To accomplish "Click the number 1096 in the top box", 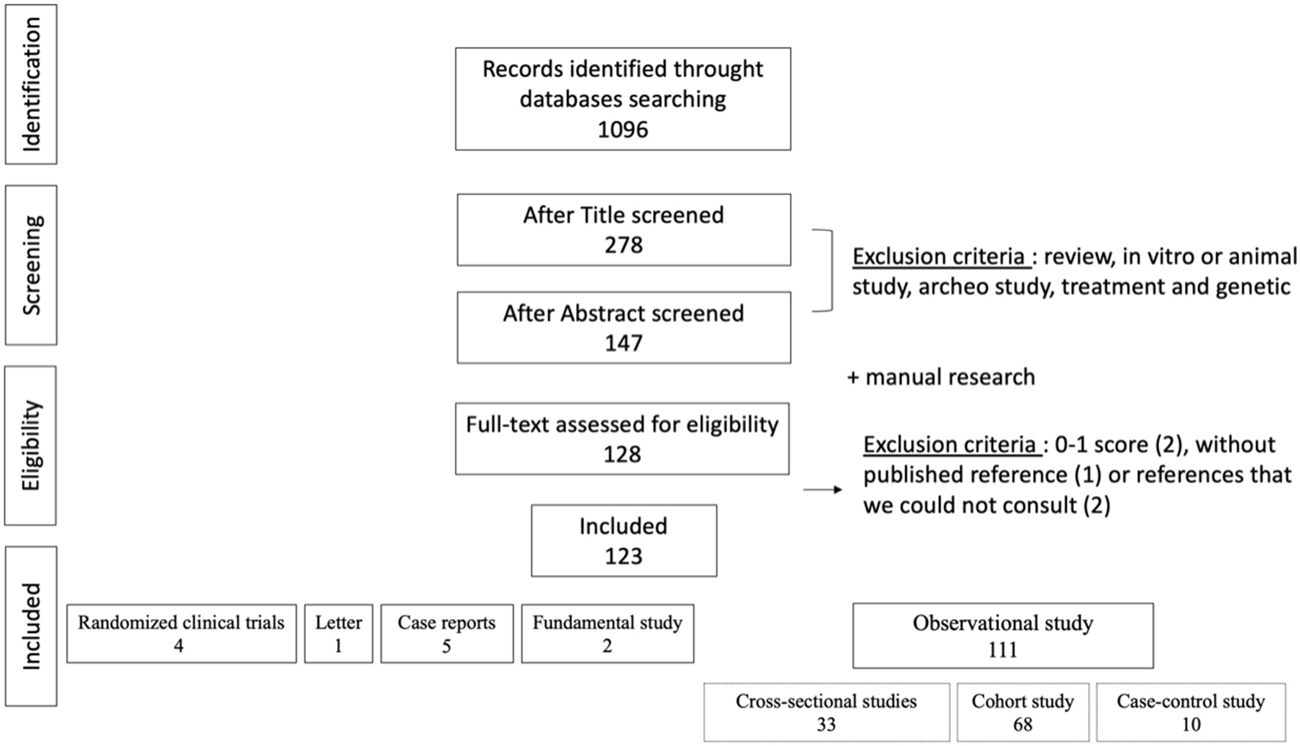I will coord(623,130).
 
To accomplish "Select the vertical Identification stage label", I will coord(31,84).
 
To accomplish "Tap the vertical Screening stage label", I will coord(31,265).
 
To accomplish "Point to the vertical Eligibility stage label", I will coord(31,445).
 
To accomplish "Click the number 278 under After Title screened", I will coord(624,245).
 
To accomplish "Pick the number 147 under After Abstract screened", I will coord(624,343).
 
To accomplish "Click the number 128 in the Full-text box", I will coord(622,455).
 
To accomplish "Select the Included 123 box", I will coord(624,541).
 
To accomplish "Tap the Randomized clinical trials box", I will coord(181,634).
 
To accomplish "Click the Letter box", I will coord(338,634).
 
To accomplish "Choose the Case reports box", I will coord(446,634).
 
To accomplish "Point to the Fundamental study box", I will coord(607,634).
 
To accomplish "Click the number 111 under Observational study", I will coord(1002,650).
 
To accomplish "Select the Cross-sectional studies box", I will coord(826,712).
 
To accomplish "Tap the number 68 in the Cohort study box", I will coord(1023,725).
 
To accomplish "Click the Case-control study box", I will coord(1190,712).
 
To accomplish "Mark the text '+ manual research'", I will coord(941,377).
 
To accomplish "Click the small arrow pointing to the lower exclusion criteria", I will coord(823,489).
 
